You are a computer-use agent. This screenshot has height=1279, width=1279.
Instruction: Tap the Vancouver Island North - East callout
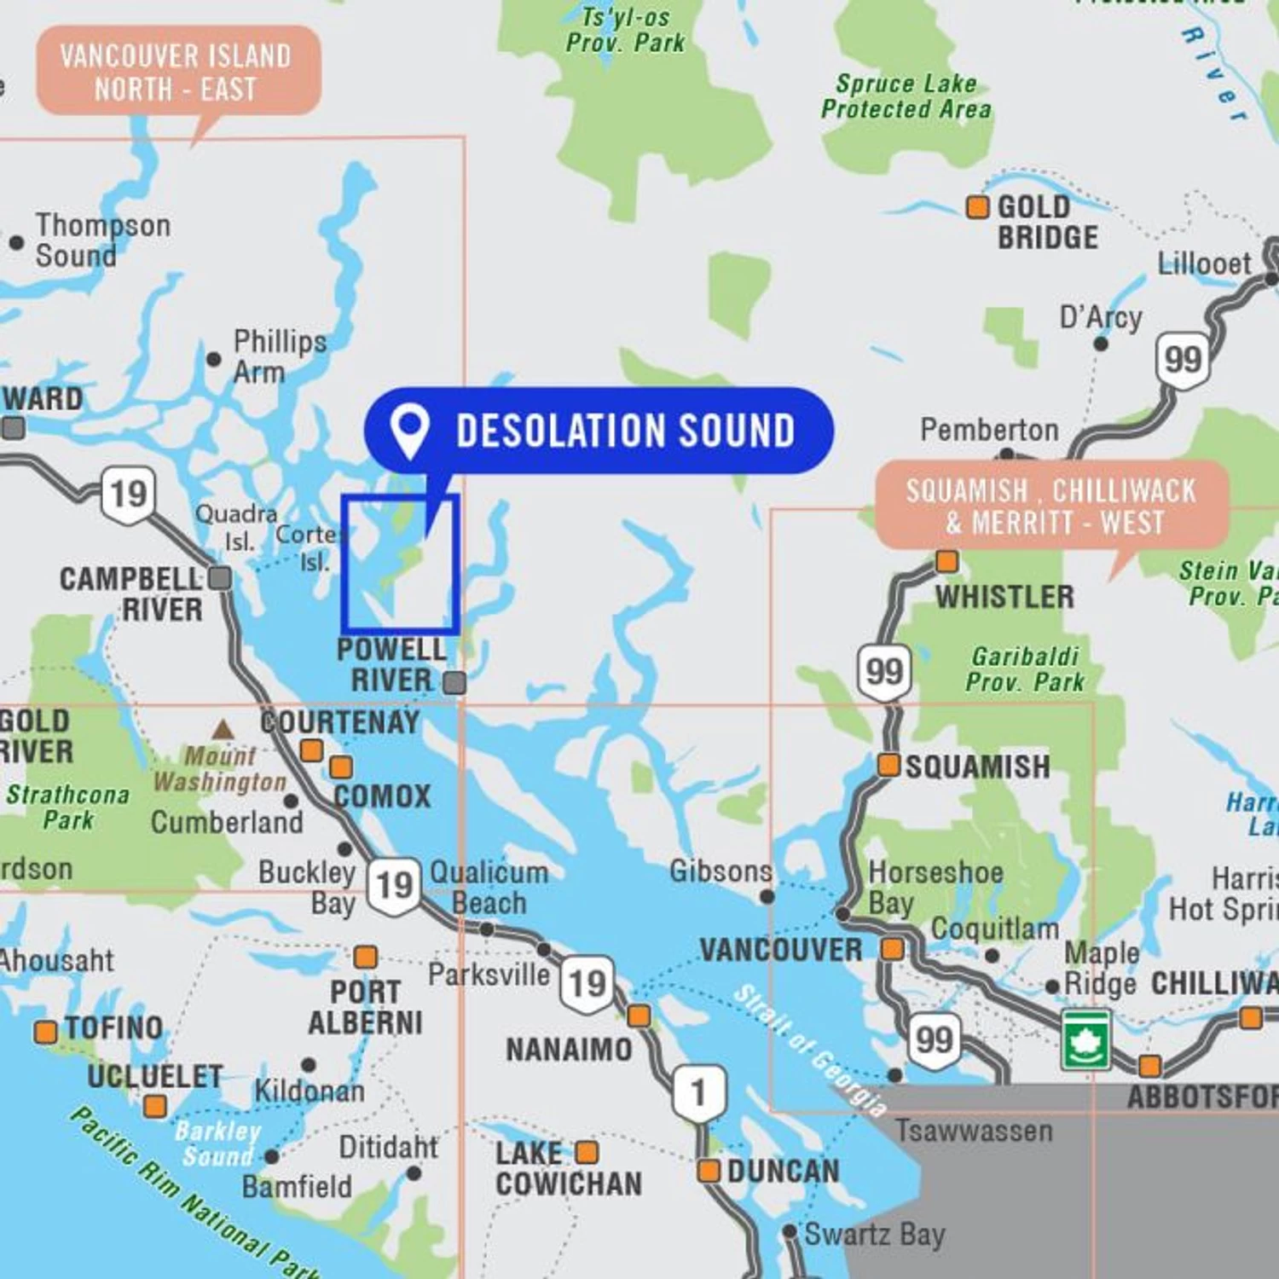click(x=177, y=72)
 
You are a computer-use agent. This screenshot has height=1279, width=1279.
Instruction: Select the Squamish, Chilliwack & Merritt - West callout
click(x=1052, y=506)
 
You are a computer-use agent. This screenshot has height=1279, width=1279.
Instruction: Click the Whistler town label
click(x=1004, y=597)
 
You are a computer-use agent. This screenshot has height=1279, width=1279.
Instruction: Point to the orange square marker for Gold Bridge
click(x=977, y=207)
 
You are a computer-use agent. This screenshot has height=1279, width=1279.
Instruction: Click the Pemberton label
click(x=989, y=430)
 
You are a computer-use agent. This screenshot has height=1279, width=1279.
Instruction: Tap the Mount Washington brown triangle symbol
click(x=223, y=730)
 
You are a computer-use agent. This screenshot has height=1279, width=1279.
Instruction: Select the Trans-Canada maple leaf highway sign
click(x=1085, y=1039)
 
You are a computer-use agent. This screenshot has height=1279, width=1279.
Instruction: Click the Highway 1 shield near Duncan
click(x=698, y=1092)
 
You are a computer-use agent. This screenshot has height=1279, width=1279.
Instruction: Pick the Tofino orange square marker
click(x=46, y=1032)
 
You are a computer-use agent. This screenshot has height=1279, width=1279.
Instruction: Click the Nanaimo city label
click(x=569, y=1050)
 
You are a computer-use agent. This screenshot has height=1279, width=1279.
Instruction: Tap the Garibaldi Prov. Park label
click(x=1025, y=669)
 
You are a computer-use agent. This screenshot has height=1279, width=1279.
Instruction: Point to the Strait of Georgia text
click(x=810, y=1050)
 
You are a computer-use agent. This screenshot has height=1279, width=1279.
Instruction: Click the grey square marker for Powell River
click(x=455, y=682)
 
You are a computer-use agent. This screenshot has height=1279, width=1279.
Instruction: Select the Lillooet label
click(x=1203, y=264)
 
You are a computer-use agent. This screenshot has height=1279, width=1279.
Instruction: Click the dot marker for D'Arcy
click(x=1101, y=344)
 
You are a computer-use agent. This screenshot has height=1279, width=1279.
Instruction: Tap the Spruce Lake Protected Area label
click(x=906, y=96)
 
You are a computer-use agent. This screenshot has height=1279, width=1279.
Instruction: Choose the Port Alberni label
click(x=365, y=1007)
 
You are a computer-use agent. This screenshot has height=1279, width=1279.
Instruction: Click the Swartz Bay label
click(x=875, y=1234)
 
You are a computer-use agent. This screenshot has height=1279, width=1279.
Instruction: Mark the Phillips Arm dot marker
click(x=214, y=359)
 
